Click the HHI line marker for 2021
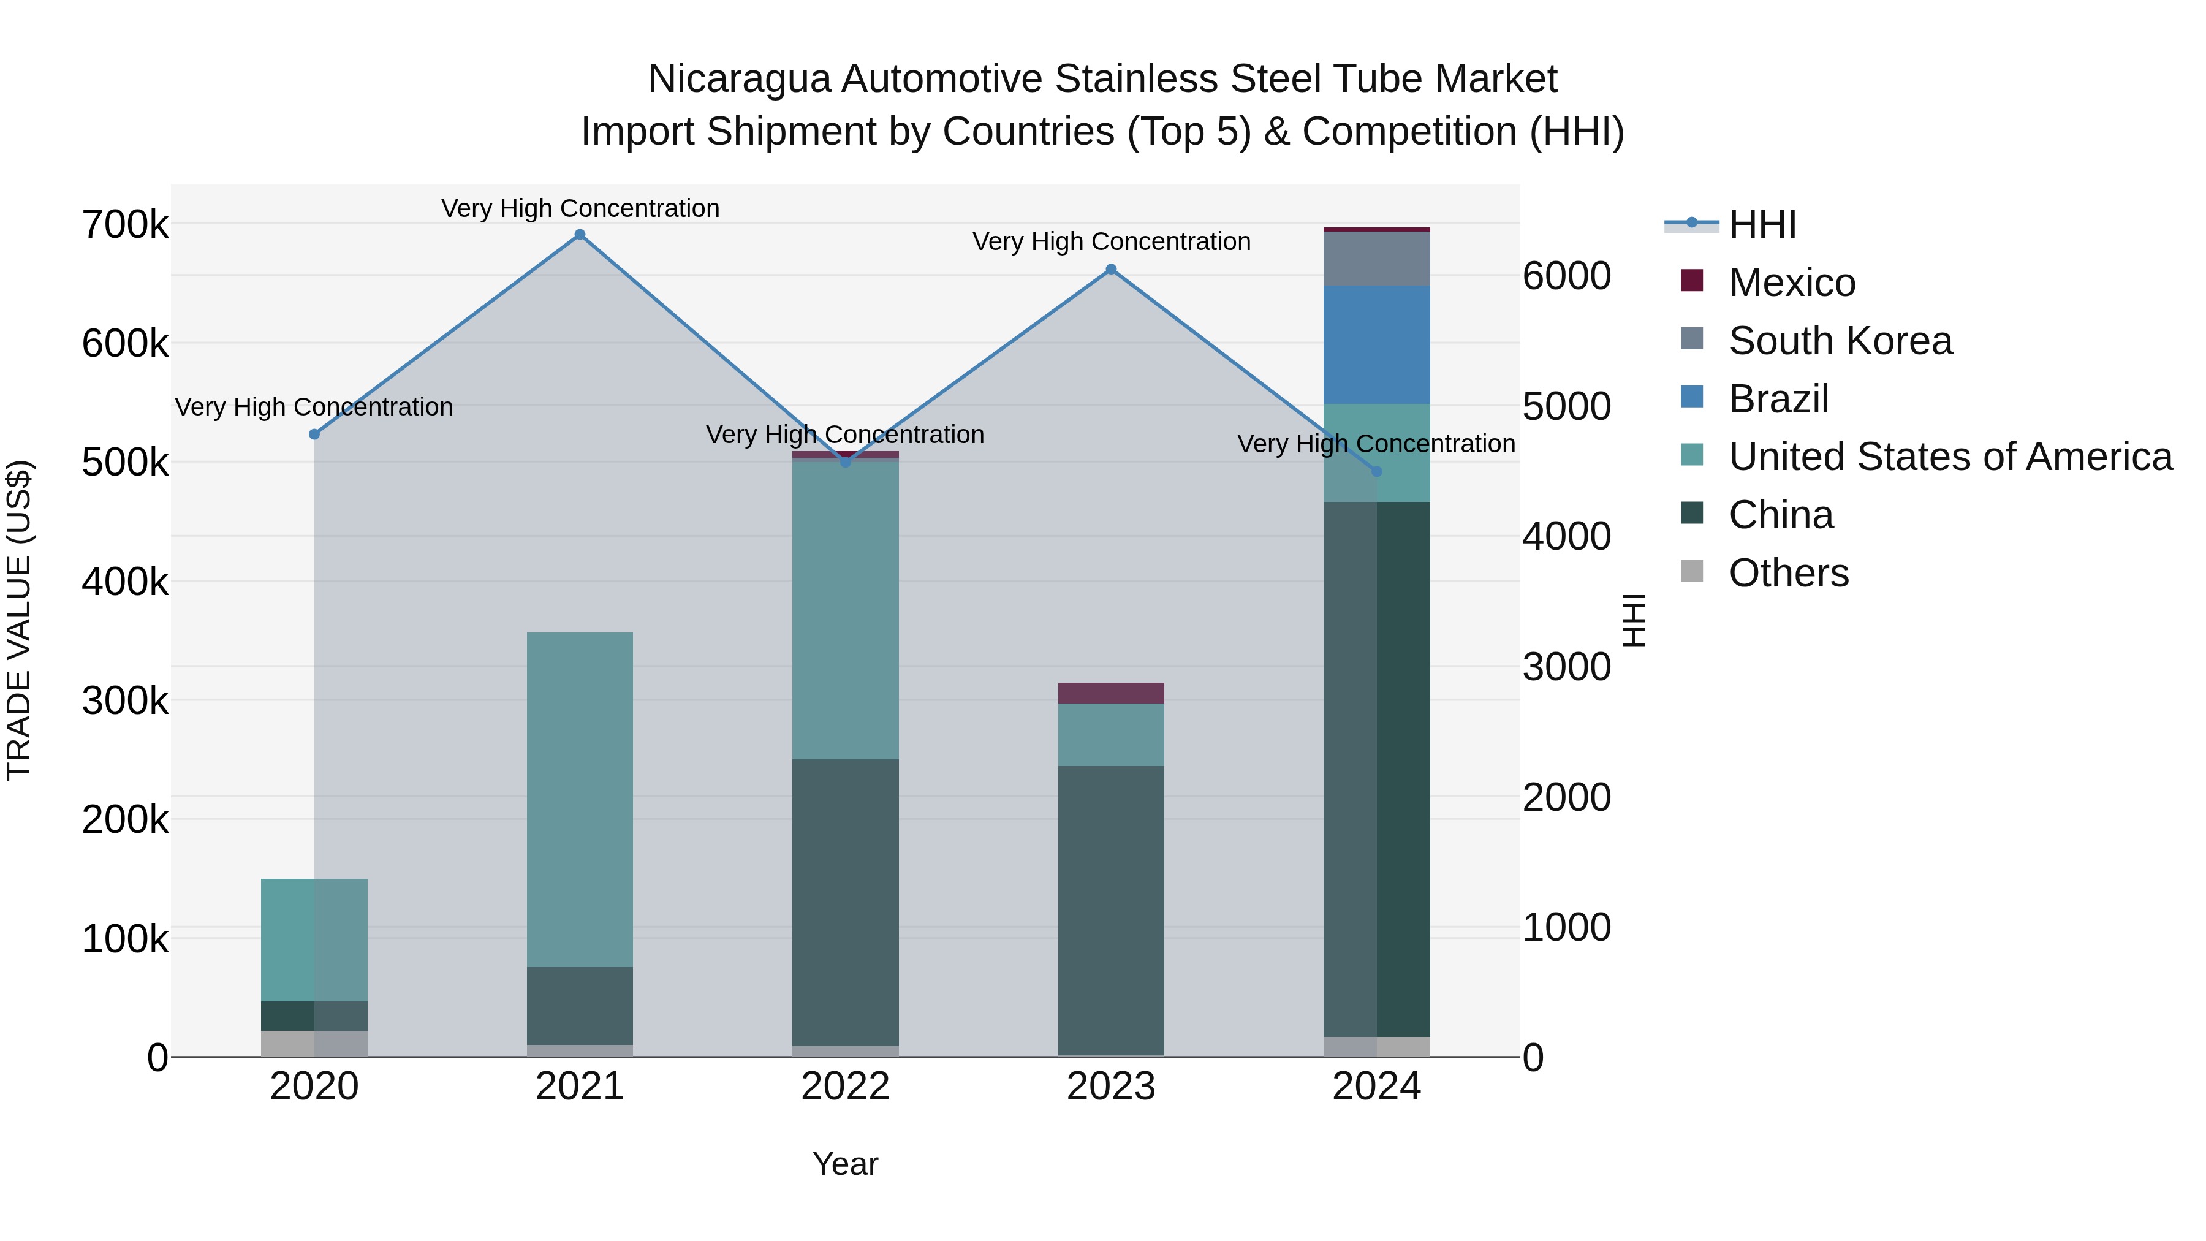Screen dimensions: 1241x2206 pyautogui.click(x=580, y=235)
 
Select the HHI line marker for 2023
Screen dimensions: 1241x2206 pyautogui.click(x=1111, y=269)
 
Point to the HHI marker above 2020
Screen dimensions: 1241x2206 pyautogui.click(x=314, y=435)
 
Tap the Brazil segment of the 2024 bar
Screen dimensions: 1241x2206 pyautogui.click(x=1376, y=344)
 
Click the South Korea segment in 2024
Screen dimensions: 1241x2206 pyautogui.click(x=1376, y=258)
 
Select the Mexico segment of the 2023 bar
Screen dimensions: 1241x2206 pyautogui.click(x=1111, y=693)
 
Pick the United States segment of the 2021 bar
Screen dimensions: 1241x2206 pyautogui.click(x=580, y=799)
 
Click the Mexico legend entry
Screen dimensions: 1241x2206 pyautogui.click(x=1792, y=283)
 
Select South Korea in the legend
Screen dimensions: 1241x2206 pyautogui.click(x=1840, y=341)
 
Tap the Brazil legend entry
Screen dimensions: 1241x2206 pyautogui.click(x=1779, y=399)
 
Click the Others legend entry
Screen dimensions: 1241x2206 pyautogui.click(x=1788, y=573)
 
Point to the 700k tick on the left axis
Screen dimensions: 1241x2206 pyautogui.click(x=125, y=226)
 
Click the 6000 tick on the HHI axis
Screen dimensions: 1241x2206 pyautogui.click(x=1566, y=276)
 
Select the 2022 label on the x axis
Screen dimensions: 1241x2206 pyautogui.click(x=845, y=1087)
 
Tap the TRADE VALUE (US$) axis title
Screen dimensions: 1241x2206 pyautogui.click(x=19, y=620)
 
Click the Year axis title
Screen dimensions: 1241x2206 pyautogui.click(x=845, y=1164)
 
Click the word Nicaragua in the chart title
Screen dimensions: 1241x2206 pyautogui.click(x=739, y=79)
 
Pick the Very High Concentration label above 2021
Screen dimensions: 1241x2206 pyautogui.click(x=580, y=208)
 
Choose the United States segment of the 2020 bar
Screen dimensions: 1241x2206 pyautogui.click(x=314, y=939)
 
